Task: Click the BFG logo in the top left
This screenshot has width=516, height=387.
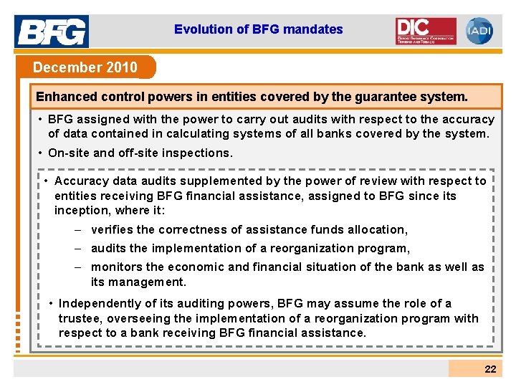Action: click(x=52, y=30)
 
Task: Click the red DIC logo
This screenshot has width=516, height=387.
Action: click(x=426, y=31)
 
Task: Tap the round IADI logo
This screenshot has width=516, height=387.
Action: click(x=479, y=31)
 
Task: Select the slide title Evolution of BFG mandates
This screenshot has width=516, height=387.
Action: click(x=258, y=29)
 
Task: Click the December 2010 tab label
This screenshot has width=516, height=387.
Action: click(x=85, y=67)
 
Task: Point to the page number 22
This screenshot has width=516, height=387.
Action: click(x=490, y=369)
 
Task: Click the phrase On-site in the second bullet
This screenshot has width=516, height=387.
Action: click(x=69, y=153)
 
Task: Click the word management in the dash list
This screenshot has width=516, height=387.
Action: click(x=149, y=282)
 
